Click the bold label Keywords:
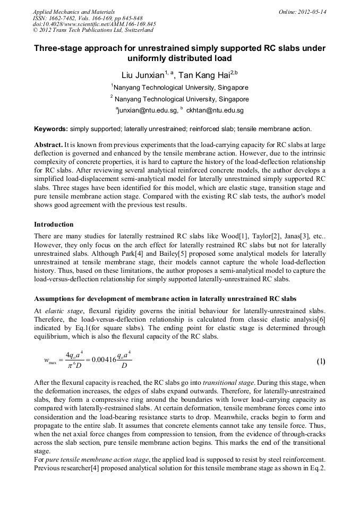51,129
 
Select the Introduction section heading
54,225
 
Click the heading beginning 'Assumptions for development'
165,298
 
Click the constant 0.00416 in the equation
106,360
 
